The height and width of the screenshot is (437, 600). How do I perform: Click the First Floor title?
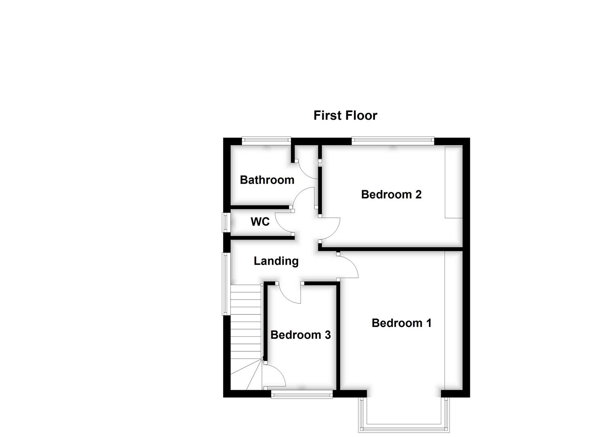[345, 116]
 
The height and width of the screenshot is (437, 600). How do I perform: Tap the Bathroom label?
[267, 180]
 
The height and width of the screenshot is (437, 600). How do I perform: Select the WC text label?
[260, 222]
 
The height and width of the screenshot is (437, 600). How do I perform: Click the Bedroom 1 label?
[402, 323]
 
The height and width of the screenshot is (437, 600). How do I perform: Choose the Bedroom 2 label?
[392, 195]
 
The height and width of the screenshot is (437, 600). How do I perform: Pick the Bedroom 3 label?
[301, 335]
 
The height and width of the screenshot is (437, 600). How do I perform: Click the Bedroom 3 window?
[302, 395]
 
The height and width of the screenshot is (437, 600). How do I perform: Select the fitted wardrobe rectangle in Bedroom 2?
[454, 182]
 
